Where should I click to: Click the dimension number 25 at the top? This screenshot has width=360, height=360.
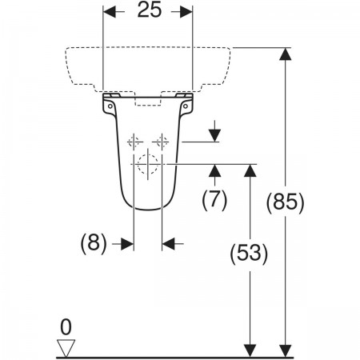[x=150, y=10]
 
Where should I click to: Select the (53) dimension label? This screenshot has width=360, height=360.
[x=249, y=253]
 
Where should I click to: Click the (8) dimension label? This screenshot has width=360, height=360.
[x=94, y=243]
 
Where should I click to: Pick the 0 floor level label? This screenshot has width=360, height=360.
[x=66, y=327]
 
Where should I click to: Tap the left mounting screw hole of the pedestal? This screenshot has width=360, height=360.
[x=110, y=106]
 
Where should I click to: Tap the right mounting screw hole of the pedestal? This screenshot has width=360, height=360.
[x=186, y=106]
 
